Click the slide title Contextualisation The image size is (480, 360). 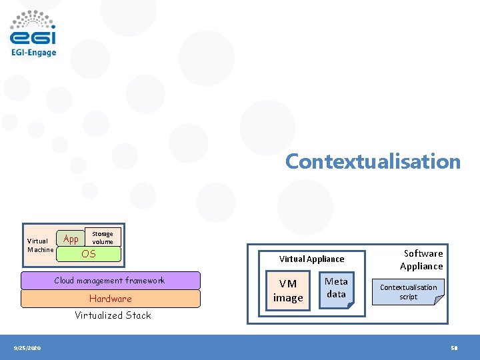pyautogui.click(x=373, y=161)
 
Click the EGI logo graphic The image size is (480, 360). pyautogui.click(x=33, y=29)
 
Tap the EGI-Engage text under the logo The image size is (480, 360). pyautogui.click(x=33, y=53)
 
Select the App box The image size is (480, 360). pyautogui.click(x=71, y=239)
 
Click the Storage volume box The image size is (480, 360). pyautogui.click(x=103, y=237)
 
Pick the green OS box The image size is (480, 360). pyautogui.click(x=89, y=254)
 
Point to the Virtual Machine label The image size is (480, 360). pyautogui.click(x=40, y=245)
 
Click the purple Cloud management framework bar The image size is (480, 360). pyautogui.click(x=110, y=281)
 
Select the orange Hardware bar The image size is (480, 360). pyautogui.click(x=110, y=299)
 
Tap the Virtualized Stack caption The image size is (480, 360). pyautogui.click(x=113, y=315)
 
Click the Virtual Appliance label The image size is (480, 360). pyautogui.click(x=311, y=259)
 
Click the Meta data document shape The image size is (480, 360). pyautogui.click(x=337, y=288)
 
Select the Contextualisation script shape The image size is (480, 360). pyautogui.click(x=408, y=292)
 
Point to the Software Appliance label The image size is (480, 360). pyautogui.click(x=421, y=259)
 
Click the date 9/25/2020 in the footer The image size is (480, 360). pyautogui.click(x=27, y=348)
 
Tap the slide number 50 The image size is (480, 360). pyautogui.click(x=454, y=348)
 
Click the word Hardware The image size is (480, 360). pyautogui.click(x=110, y=299)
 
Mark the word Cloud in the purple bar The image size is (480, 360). pyautogui.click(x=65, y=281)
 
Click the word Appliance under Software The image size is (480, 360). pyautogui.click(x=421, y=266)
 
